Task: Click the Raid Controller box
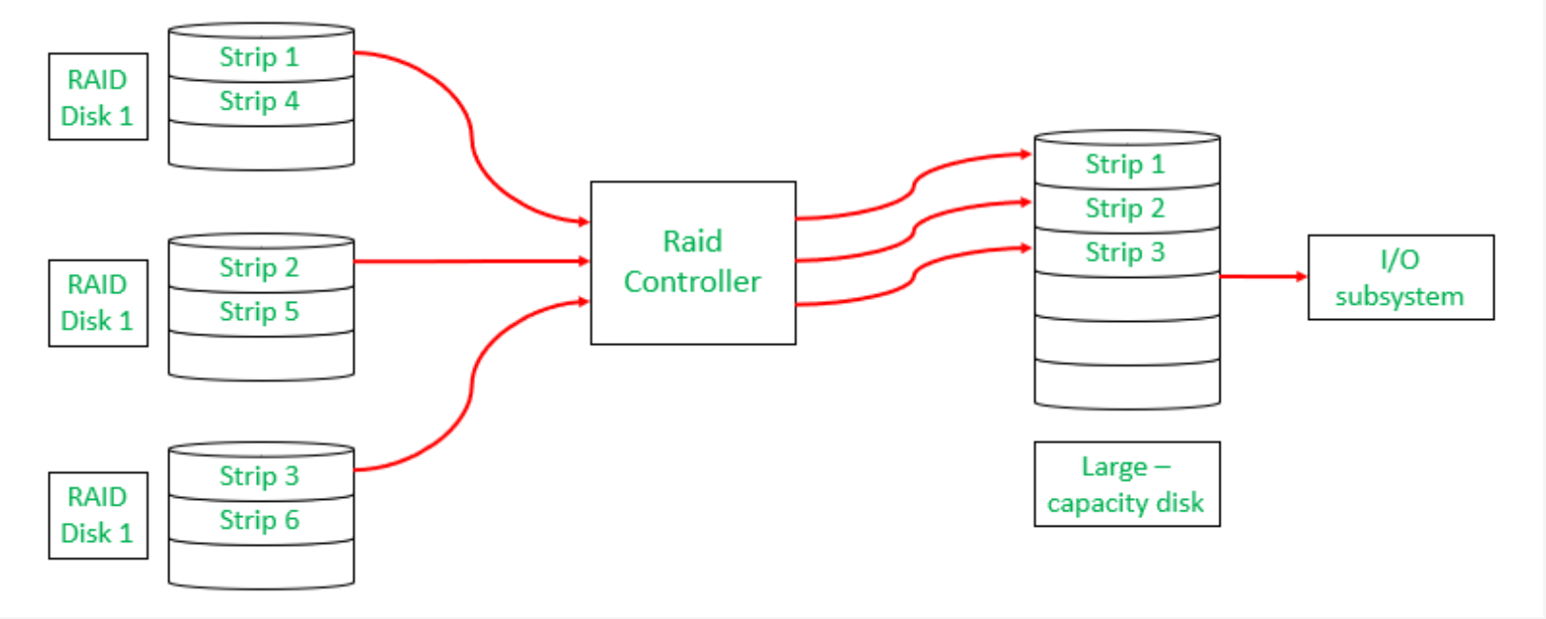[x=692, y=262]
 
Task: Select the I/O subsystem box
[x=1399, y=277]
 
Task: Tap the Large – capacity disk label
[x=1126, y=484]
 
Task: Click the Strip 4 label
[x=259, y=101]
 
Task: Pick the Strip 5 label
[x=259, y=311]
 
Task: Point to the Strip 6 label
[x=259, y=520]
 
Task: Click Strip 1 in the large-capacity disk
[x=1125, y=164]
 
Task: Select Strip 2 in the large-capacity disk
[x=1125, y=208]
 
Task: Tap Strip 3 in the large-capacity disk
[x=1125, y=252]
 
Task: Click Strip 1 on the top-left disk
[x=259, y=57]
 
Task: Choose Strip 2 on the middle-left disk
[x=259, y=268]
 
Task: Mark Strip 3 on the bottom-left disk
[x=259, y=476]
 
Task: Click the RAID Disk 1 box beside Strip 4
[x=98, y=97]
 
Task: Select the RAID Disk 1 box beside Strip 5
[x=98, y=303]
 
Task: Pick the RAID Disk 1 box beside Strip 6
[x=98, y=515]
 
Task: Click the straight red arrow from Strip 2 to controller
[x=471, y=261]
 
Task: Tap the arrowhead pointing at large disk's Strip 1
[x=1026, y=153]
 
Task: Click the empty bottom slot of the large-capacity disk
[x=1126, y=383]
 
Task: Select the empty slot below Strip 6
[x=260, y=564]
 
